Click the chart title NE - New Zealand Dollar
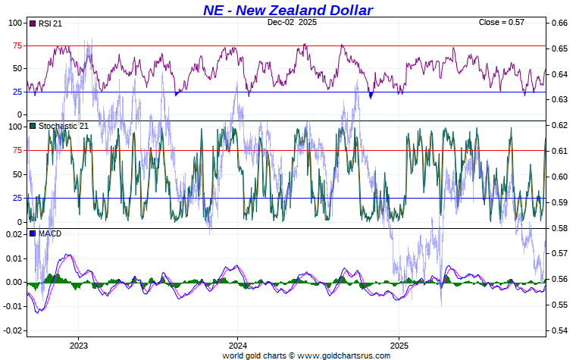[287, 10]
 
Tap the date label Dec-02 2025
[292, 23]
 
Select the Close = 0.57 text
[502, 23]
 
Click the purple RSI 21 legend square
[33, 24]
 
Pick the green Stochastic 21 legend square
[33, 126]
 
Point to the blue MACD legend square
[33, 233]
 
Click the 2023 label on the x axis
[78, 346]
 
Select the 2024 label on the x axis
[237, 346]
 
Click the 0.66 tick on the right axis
[559, 23]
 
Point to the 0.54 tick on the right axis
[559, 331]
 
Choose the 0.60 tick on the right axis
[559, 177]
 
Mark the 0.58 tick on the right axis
[559, 228]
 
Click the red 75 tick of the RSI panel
[14, 45]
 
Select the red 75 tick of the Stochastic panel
[14, 150]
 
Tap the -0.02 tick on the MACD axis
[13, 331]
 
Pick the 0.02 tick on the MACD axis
[14, 234]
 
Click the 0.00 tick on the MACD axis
[14, 283]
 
